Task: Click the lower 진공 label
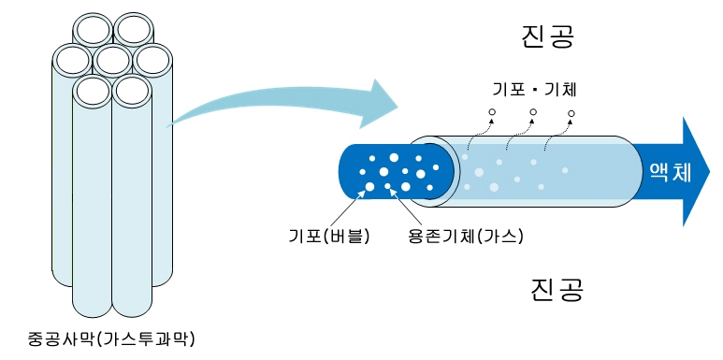click(x=557, y=288)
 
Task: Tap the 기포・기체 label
click(x=534, y=91)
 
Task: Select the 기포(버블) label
click(x=329, y=234)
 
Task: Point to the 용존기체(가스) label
click(x=466, y=234)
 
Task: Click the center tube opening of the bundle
click(x=112, y=61)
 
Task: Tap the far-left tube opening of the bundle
click(x=73, y=61)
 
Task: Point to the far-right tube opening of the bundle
click(x=152, y=61)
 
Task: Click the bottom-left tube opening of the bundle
click(x=93, y=91)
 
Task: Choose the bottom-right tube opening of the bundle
click(x=132, y=91)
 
